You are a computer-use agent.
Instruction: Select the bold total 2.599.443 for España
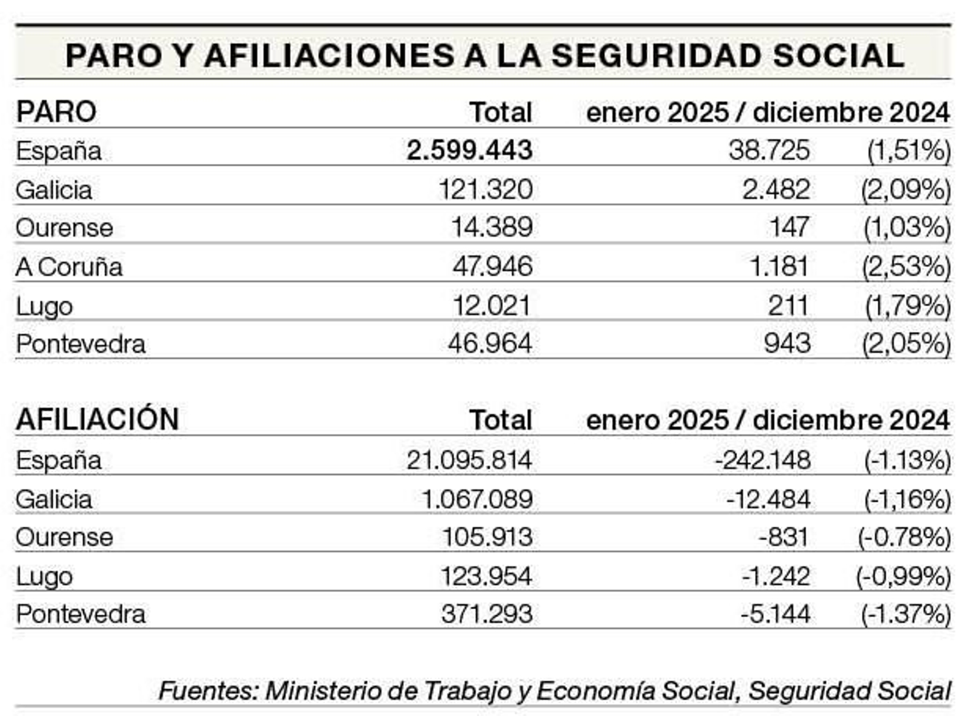469,150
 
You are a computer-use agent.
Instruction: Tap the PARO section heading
56,112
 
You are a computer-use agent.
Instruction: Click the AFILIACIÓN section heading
97,419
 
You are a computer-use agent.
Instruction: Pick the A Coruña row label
69,267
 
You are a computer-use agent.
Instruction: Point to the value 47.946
492,266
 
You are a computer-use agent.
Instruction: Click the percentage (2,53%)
906,266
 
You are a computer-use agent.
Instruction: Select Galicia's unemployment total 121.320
486,189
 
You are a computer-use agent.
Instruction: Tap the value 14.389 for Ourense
492,227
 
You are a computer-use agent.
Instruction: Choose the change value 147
789,227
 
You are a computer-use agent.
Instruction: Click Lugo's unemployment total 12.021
492,306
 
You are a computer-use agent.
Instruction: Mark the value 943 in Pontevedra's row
787,344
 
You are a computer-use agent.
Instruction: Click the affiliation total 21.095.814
469,460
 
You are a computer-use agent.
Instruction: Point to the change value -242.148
763,460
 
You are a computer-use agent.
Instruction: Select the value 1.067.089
477,499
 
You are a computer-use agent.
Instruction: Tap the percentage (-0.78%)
904,537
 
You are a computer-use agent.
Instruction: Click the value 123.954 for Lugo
486,576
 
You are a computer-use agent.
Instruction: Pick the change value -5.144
776,614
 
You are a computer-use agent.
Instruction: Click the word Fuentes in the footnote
207,691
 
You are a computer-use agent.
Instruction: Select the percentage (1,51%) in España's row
908,150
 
